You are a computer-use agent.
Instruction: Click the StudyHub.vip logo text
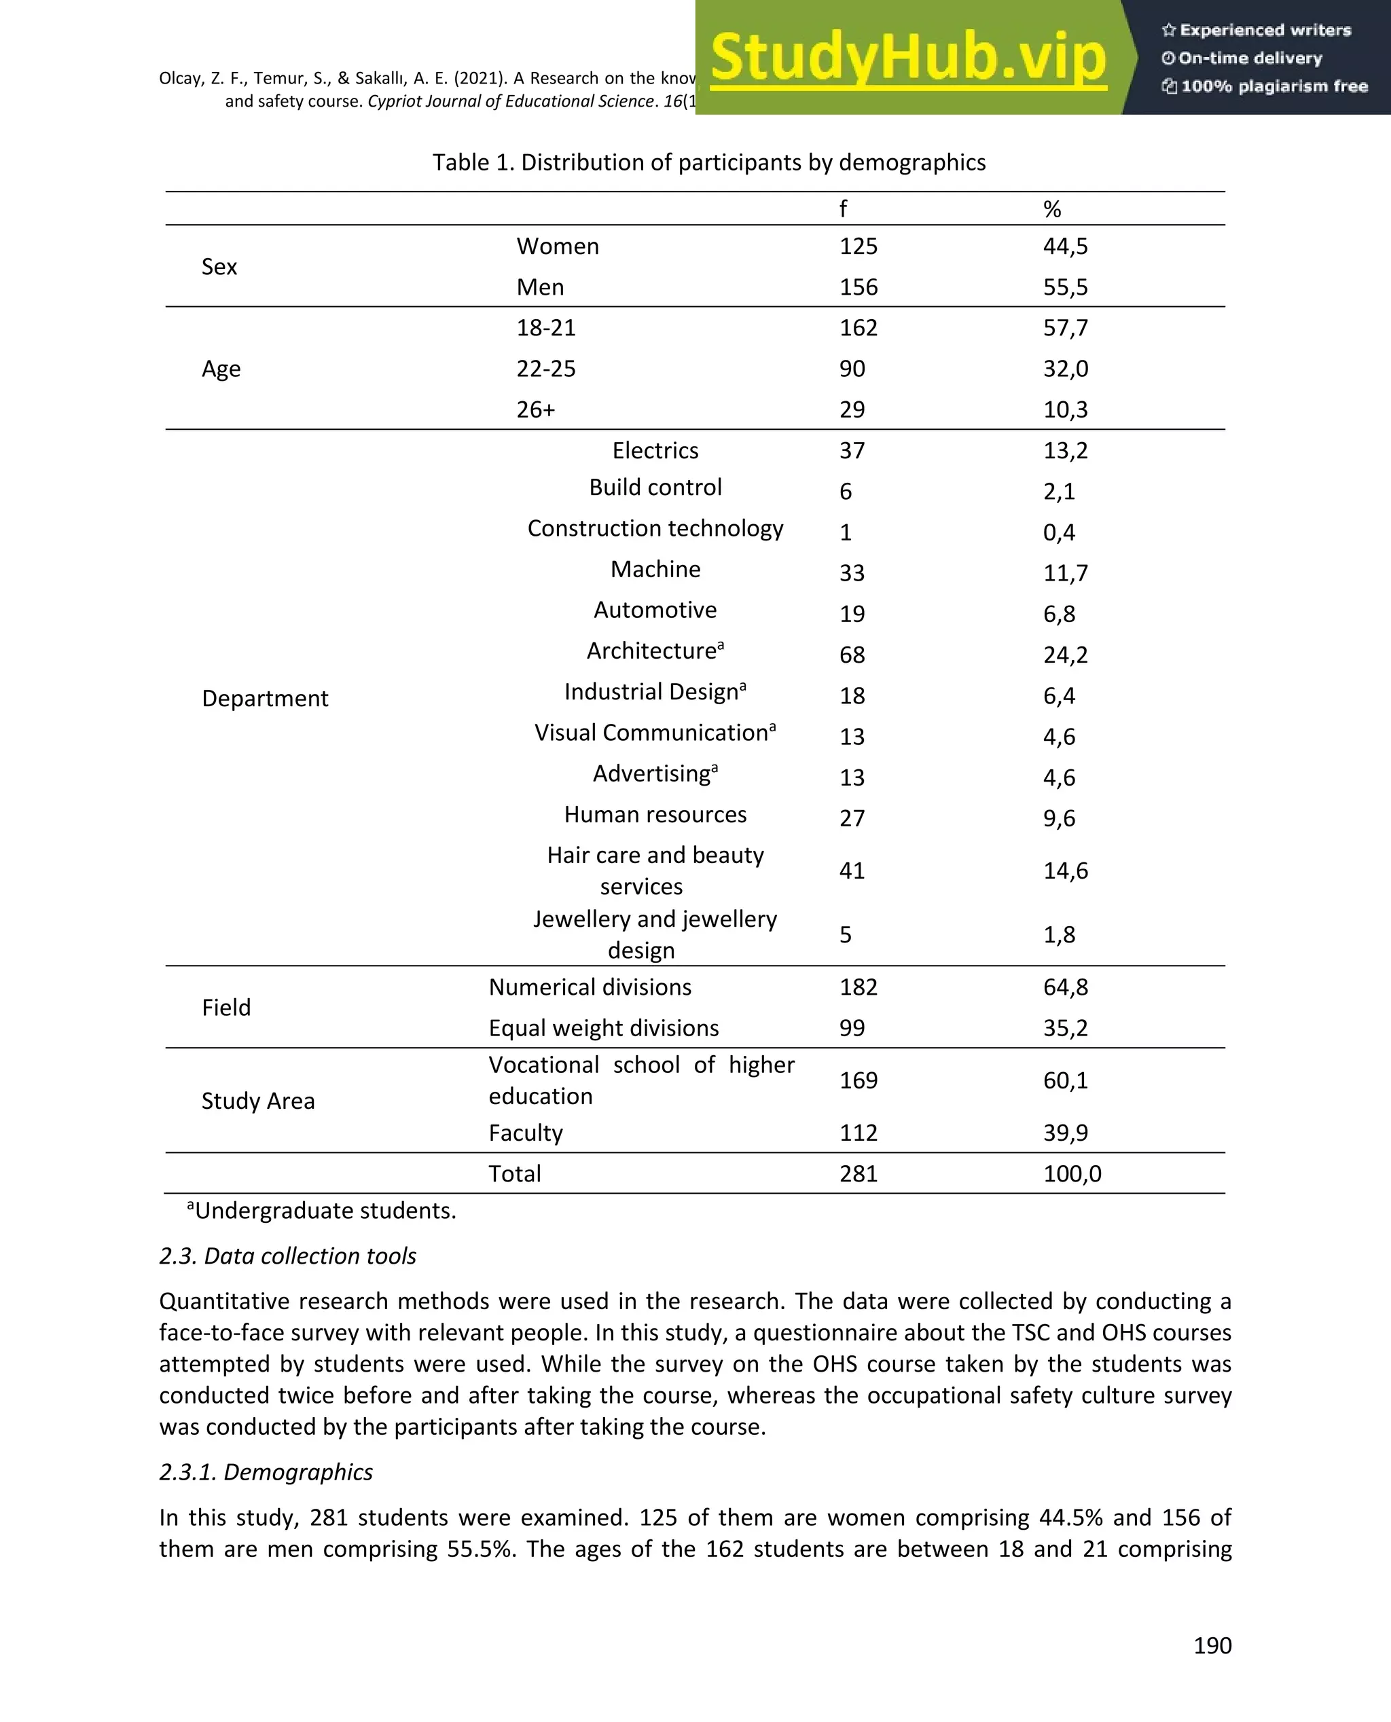tap(908, 58)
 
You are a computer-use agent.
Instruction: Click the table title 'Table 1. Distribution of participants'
tap(708, 162)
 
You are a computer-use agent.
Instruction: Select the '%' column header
tap(1052, 210)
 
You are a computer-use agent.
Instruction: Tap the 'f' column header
tap(843, 210)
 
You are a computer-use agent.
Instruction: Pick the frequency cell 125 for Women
tap(858, 246)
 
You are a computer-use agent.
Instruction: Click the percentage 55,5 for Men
tap(1065, 287)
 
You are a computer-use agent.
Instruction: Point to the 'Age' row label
tap(221, 369)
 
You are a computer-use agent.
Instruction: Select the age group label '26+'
tap(535, 410)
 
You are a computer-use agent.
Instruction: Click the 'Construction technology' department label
tap(655, 528)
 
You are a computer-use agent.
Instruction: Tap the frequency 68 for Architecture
tap(852, 655)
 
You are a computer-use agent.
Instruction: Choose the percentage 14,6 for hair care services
tap(1065, 871)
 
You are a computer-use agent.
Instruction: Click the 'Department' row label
tap(264, 699)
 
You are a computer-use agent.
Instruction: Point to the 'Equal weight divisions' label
tap(603, 1029)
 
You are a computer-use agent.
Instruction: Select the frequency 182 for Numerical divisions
tap(858, 987)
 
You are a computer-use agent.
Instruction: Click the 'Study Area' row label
tap(258, 1101)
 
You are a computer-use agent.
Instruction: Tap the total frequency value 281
tap(858, 1174)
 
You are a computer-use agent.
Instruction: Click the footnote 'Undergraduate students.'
tap(325, 1211)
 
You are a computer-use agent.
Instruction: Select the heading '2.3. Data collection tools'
tap(288, 1256)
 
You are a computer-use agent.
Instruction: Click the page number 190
tap(1212, 1645)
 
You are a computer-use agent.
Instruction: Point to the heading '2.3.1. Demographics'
tap(266, 1472)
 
